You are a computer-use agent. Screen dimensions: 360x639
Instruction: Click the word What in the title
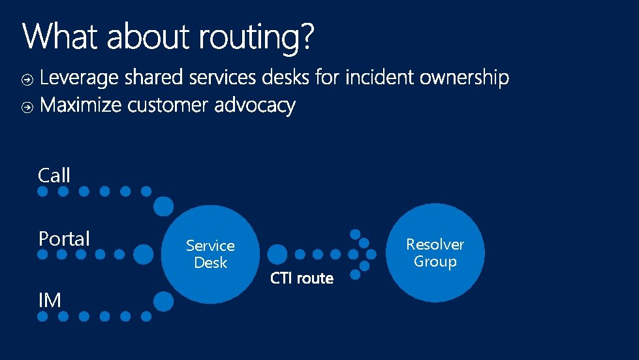(x=62, y=37)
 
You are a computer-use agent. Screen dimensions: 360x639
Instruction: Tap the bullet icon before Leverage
(x=27, y=80)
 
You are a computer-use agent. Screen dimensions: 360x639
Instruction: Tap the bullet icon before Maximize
(x=27, y=107)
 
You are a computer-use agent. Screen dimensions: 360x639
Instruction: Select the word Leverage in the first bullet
(x=80, y=78)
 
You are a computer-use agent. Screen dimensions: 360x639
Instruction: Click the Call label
(x=54, y=175)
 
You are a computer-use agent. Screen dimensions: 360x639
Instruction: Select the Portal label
(x=64, y=239)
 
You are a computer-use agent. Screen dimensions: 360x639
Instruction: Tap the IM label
(x=50, y=301)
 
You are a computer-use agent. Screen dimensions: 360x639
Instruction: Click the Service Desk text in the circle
(x=210, y=254)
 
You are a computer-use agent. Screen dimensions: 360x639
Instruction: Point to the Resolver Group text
(x=435, y=253)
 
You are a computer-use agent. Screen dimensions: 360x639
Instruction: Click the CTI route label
(x=302, y=279)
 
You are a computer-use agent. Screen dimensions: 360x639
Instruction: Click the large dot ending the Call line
(x=164, y=206)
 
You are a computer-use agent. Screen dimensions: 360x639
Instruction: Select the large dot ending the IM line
(x=164, y=301)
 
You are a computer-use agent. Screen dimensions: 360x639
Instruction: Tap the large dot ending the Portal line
(x=143, y=254)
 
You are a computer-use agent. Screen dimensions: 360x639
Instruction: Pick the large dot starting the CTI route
(x=277, y=254)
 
